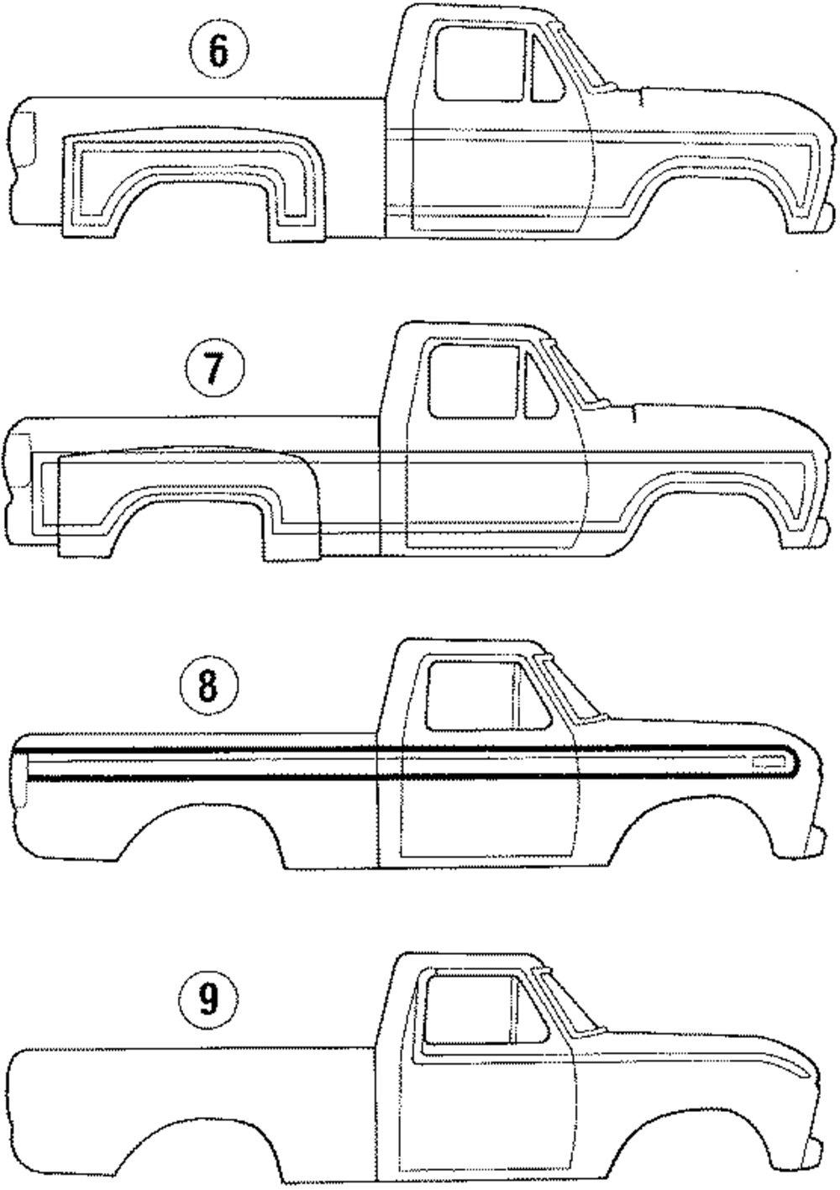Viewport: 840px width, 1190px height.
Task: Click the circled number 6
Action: [218, 52]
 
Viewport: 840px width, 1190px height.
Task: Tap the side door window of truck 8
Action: [469, 695]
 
